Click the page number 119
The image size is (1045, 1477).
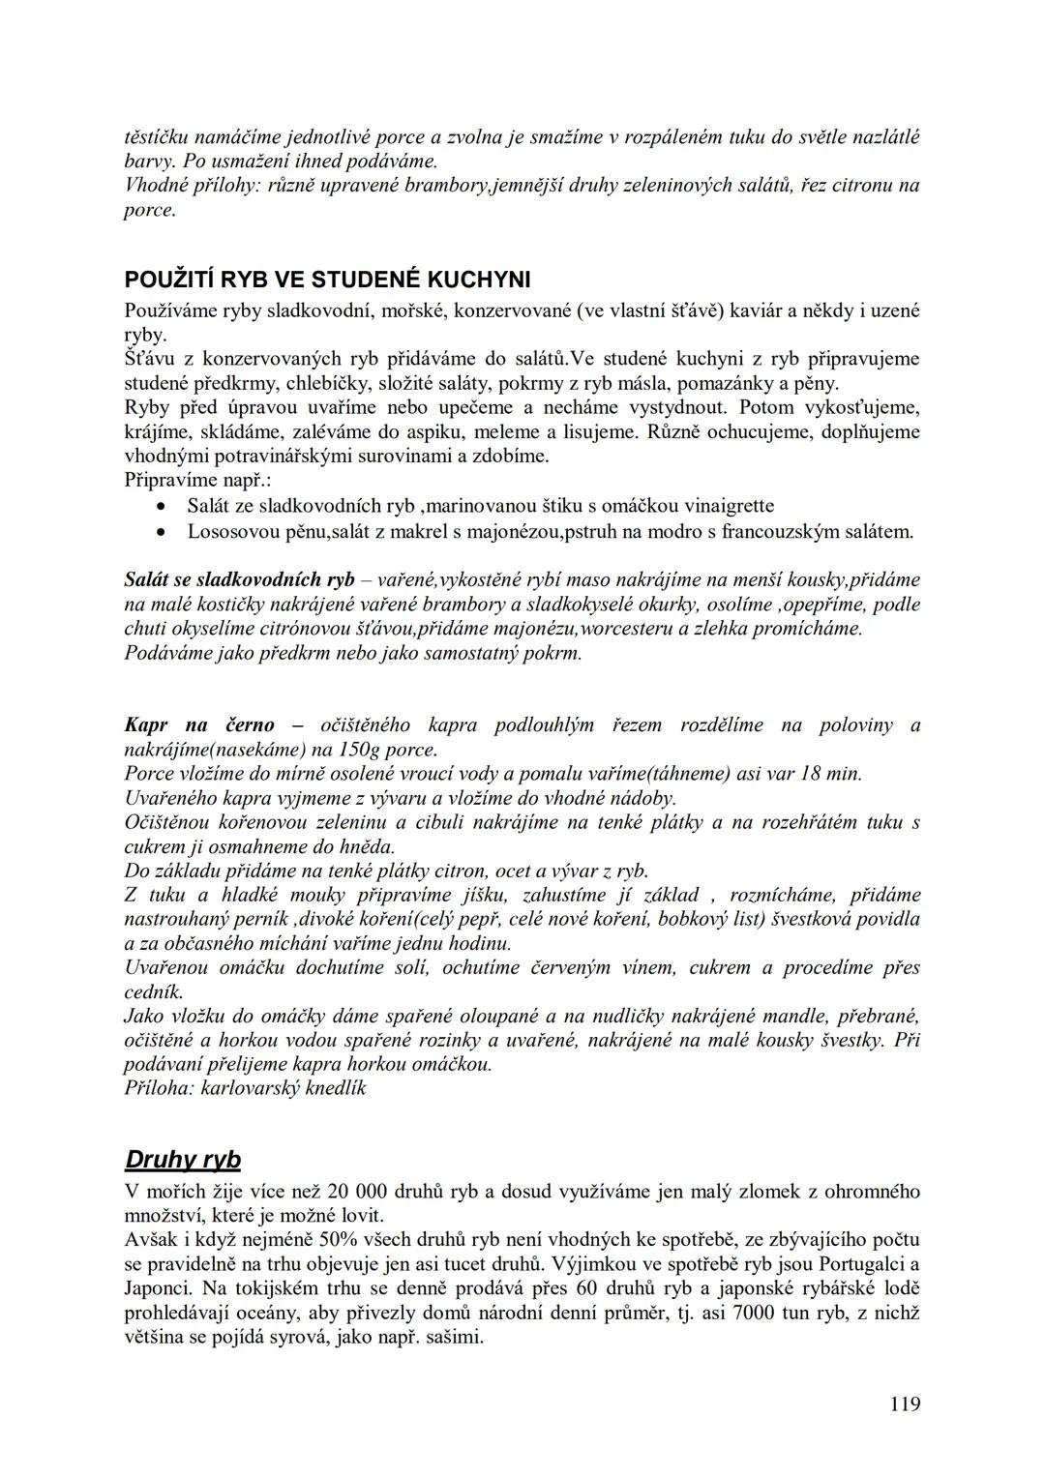click(905, 1403)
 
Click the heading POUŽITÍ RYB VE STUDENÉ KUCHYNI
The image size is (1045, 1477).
click(327, 281)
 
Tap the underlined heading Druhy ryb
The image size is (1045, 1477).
click(183, 1160)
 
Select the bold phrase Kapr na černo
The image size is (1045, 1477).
click(199, 724)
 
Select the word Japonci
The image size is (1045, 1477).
click(158, 1288)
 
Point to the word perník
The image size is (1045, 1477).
click(264, 919)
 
